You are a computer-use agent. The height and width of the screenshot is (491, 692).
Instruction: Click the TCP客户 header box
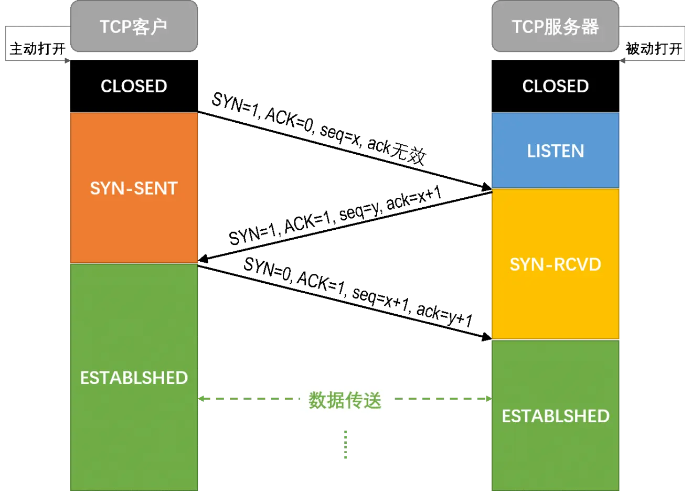pyautogui.click(x=134, y=26)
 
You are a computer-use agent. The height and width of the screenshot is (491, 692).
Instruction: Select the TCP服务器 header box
pyautogui.click(x=555, y=26)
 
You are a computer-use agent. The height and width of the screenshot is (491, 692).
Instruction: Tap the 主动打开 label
pyautogui.click(x=38, y=49)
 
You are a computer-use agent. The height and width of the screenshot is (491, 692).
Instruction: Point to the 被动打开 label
pyautogui.click(x=654, y=49)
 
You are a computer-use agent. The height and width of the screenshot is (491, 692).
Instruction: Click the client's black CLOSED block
pyautogui.click(x=134, y=86)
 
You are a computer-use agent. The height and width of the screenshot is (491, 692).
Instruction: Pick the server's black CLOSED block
pyautogui.click(x=555, y=86)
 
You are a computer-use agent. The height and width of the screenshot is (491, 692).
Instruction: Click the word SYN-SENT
pyautogui.click(x=134, y=188)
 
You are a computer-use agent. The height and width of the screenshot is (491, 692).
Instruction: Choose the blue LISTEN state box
pyautogui.click(x=555, y=151)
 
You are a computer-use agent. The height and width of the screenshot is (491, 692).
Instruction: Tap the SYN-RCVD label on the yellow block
pyautogui.click(x=555, y=264)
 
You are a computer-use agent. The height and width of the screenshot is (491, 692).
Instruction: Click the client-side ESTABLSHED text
pyautogui.click(x=134, y=378)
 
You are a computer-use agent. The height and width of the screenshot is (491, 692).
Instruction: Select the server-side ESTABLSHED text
pyautogui.click(x=556, y=416)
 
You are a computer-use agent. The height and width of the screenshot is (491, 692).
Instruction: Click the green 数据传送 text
pyautogui.click(x=345, y=400)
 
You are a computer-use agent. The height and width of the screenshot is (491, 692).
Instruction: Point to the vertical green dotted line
pyautogui.click(x=345, y=444)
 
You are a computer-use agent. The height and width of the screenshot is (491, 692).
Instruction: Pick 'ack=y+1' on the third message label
pyautogui.click(x=444, y=315)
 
